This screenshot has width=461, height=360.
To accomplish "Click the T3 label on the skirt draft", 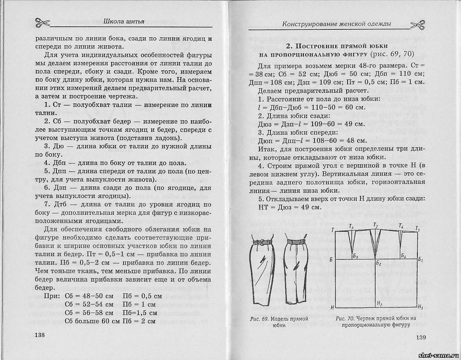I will [x=351, y=226].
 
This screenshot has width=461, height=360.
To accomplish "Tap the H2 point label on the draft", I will [x=379, y=304].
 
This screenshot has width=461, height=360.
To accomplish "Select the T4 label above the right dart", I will [x=401, y=226].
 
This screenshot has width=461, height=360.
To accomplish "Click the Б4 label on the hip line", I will [x=403, y=255].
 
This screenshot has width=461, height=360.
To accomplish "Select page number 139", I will [x=421, y=338].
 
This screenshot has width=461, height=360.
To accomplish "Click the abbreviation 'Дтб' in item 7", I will [x=60, y=204].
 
